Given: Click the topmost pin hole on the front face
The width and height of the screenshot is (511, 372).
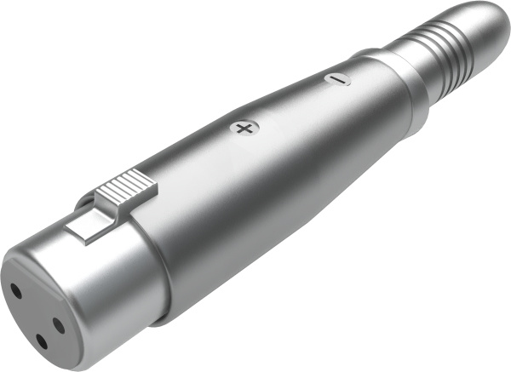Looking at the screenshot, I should (16, 290).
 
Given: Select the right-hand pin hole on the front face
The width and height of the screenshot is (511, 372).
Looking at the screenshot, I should (58, 324).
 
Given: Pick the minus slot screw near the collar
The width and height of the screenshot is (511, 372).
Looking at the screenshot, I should (338, 79).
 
